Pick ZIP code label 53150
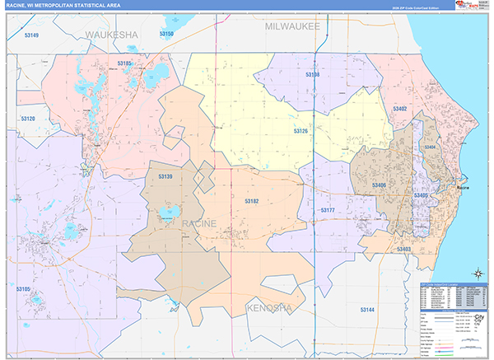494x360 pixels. (x=166, y=34)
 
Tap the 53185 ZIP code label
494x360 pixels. (x=125, y=63)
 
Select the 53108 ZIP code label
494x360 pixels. (x=312, y=75)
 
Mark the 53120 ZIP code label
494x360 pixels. (x=29, y=119)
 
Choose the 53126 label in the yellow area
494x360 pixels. (x=301, y=130)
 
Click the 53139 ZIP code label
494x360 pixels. (x=165, y=176)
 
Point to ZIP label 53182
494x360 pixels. (x=251, y=200)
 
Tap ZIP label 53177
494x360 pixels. (x=327, y=211)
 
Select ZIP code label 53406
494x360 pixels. (x=379, y=186)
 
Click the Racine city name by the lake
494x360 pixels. (x=463, y=188)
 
